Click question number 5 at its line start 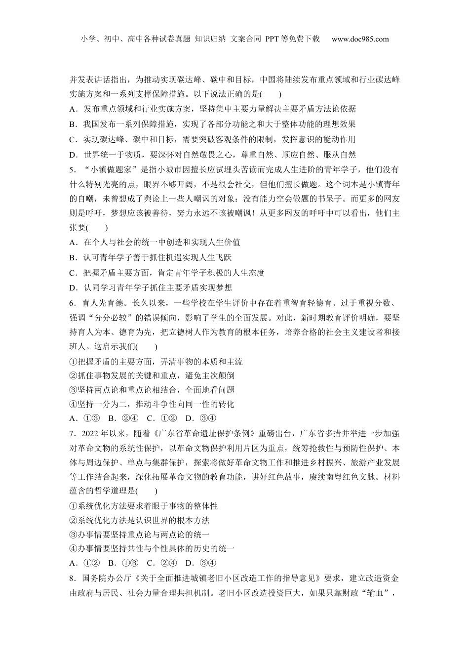[73, 170]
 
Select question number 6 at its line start [73, 303]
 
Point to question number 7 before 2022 [73, 434]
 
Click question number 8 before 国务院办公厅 [73, 578]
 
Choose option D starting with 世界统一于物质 [213, 155]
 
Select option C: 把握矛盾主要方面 [167, 273]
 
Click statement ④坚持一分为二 [152, 404]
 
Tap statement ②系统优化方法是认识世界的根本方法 [140, 520]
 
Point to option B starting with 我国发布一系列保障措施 [213, 124]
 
